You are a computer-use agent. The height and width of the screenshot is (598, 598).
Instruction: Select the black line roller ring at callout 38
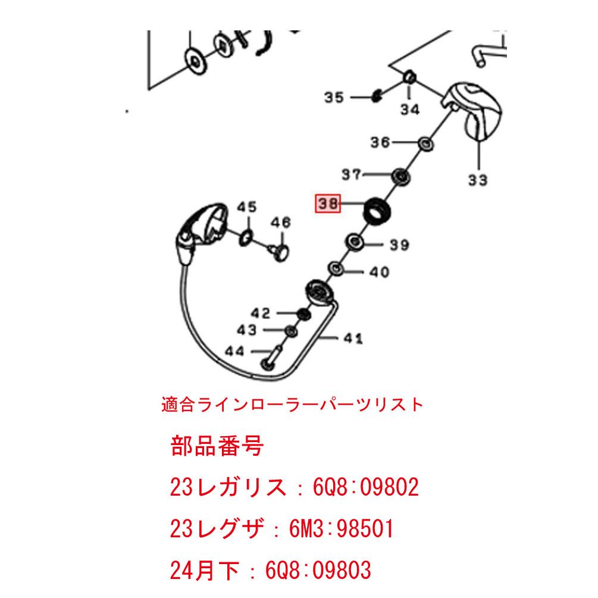(x=378, y=211)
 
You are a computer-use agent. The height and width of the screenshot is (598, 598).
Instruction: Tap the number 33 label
(x=477, y=180)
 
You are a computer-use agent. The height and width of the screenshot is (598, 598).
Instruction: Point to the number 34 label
(x=409, y=109)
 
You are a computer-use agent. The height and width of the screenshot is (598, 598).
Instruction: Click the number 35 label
(x=334, y=97)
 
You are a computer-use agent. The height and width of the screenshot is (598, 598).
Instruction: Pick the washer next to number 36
(x=424, y=143)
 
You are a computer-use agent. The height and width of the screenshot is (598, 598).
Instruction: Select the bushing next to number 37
(x=402, y=176)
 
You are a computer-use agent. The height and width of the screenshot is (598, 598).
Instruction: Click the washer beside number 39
(x=356, y=242)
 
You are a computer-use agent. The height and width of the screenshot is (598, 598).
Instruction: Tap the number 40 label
(x=379, y=273)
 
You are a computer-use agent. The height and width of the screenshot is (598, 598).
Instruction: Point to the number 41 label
(x=353, y=339)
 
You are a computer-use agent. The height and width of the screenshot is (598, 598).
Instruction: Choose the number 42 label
(x=260, y=313)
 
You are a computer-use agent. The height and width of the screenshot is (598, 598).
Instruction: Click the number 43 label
(x=247, y=330)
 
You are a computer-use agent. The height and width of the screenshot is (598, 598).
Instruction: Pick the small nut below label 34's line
(x=409, y=78)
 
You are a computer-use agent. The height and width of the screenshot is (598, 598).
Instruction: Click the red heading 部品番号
(x=217, y=446)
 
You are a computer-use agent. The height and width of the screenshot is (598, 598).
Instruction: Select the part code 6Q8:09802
(x=366, y=488)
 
